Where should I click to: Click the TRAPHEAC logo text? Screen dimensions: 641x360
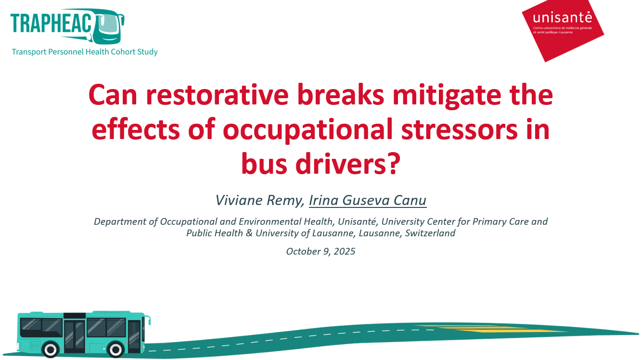(x=51, y=23)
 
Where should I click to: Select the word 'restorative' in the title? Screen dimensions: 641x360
(x=217, y=95)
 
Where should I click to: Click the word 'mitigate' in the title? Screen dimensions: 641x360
(x=447, y=96)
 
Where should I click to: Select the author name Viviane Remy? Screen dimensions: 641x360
(x=260, y=200)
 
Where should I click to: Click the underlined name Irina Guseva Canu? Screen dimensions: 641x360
(x=368, y=200)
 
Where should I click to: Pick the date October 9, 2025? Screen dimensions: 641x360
(x=320, y=251)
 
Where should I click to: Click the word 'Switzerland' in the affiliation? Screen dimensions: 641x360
(x=430, y=233)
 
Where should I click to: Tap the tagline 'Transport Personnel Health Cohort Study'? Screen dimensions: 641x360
(x=85, y=52)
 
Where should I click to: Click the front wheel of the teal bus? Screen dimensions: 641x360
(x=116, y=349)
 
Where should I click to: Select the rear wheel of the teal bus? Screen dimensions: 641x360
(x=51, y=349)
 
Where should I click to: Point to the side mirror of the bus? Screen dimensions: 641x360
(x=149, y=320)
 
